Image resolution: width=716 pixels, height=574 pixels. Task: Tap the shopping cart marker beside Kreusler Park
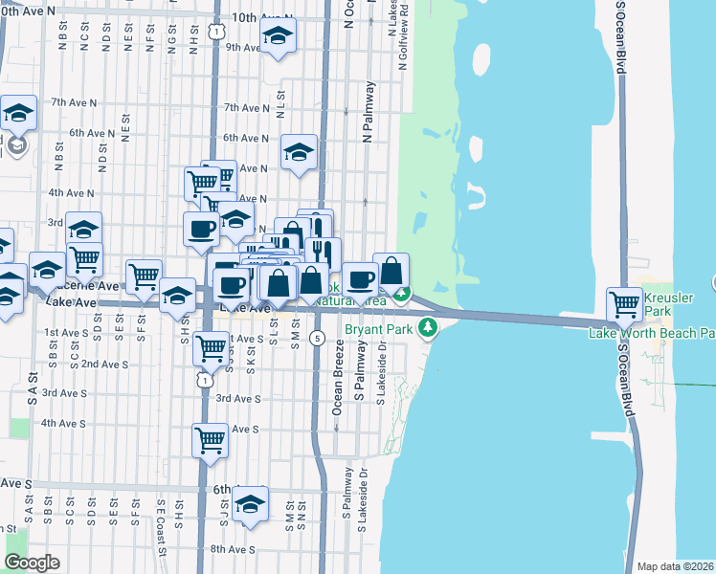625,305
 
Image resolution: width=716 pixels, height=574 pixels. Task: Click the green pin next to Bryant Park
428,329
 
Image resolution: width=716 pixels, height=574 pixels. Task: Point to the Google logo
33,563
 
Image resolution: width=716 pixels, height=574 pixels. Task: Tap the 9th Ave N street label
243,47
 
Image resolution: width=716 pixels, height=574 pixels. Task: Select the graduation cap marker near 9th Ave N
279,35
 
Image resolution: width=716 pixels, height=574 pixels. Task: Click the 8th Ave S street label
234,549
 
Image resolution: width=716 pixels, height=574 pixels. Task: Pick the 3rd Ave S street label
238,398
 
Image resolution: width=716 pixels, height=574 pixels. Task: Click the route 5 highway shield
317,337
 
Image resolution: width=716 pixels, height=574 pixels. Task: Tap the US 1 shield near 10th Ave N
218,32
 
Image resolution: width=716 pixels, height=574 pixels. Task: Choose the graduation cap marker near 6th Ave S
250,504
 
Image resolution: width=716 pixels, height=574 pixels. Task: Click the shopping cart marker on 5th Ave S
210,441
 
